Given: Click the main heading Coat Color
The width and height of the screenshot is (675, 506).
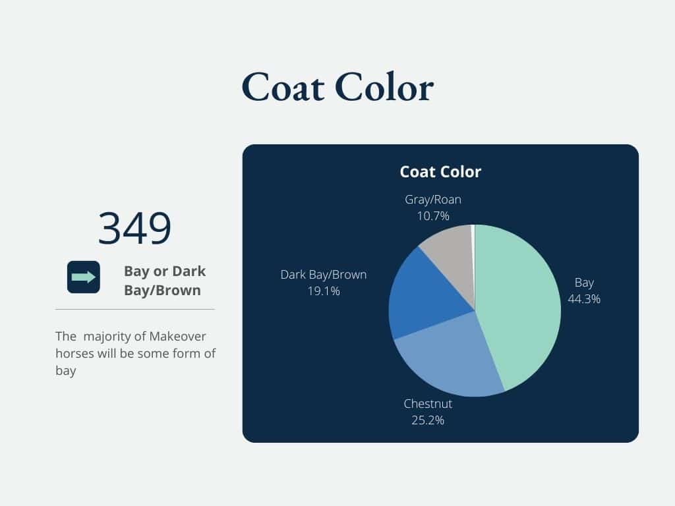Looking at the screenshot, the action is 337,88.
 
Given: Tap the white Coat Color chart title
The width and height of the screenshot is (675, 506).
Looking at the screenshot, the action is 440,172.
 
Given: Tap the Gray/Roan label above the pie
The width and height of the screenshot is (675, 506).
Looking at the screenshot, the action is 433,200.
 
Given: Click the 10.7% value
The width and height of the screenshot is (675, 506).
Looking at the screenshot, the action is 433,216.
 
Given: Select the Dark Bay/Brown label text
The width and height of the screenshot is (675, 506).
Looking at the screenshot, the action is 324,275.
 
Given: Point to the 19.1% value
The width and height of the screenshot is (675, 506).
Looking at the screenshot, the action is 324,291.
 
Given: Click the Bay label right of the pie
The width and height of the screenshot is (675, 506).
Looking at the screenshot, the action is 584,283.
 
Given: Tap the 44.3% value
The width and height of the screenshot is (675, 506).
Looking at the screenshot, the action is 584,299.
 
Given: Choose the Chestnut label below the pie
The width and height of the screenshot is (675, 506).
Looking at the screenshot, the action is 428,404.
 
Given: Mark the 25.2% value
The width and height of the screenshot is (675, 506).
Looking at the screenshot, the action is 428,420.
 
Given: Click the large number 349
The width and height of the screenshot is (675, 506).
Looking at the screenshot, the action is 134,228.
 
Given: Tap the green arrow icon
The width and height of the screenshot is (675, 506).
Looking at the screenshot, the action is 84,277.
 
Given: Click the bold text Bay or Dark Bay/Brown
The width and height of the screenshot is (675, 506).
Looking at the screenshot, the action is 164,281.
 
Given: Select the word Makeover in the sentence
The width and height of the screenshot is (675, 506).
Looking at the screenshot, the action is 177,336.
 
